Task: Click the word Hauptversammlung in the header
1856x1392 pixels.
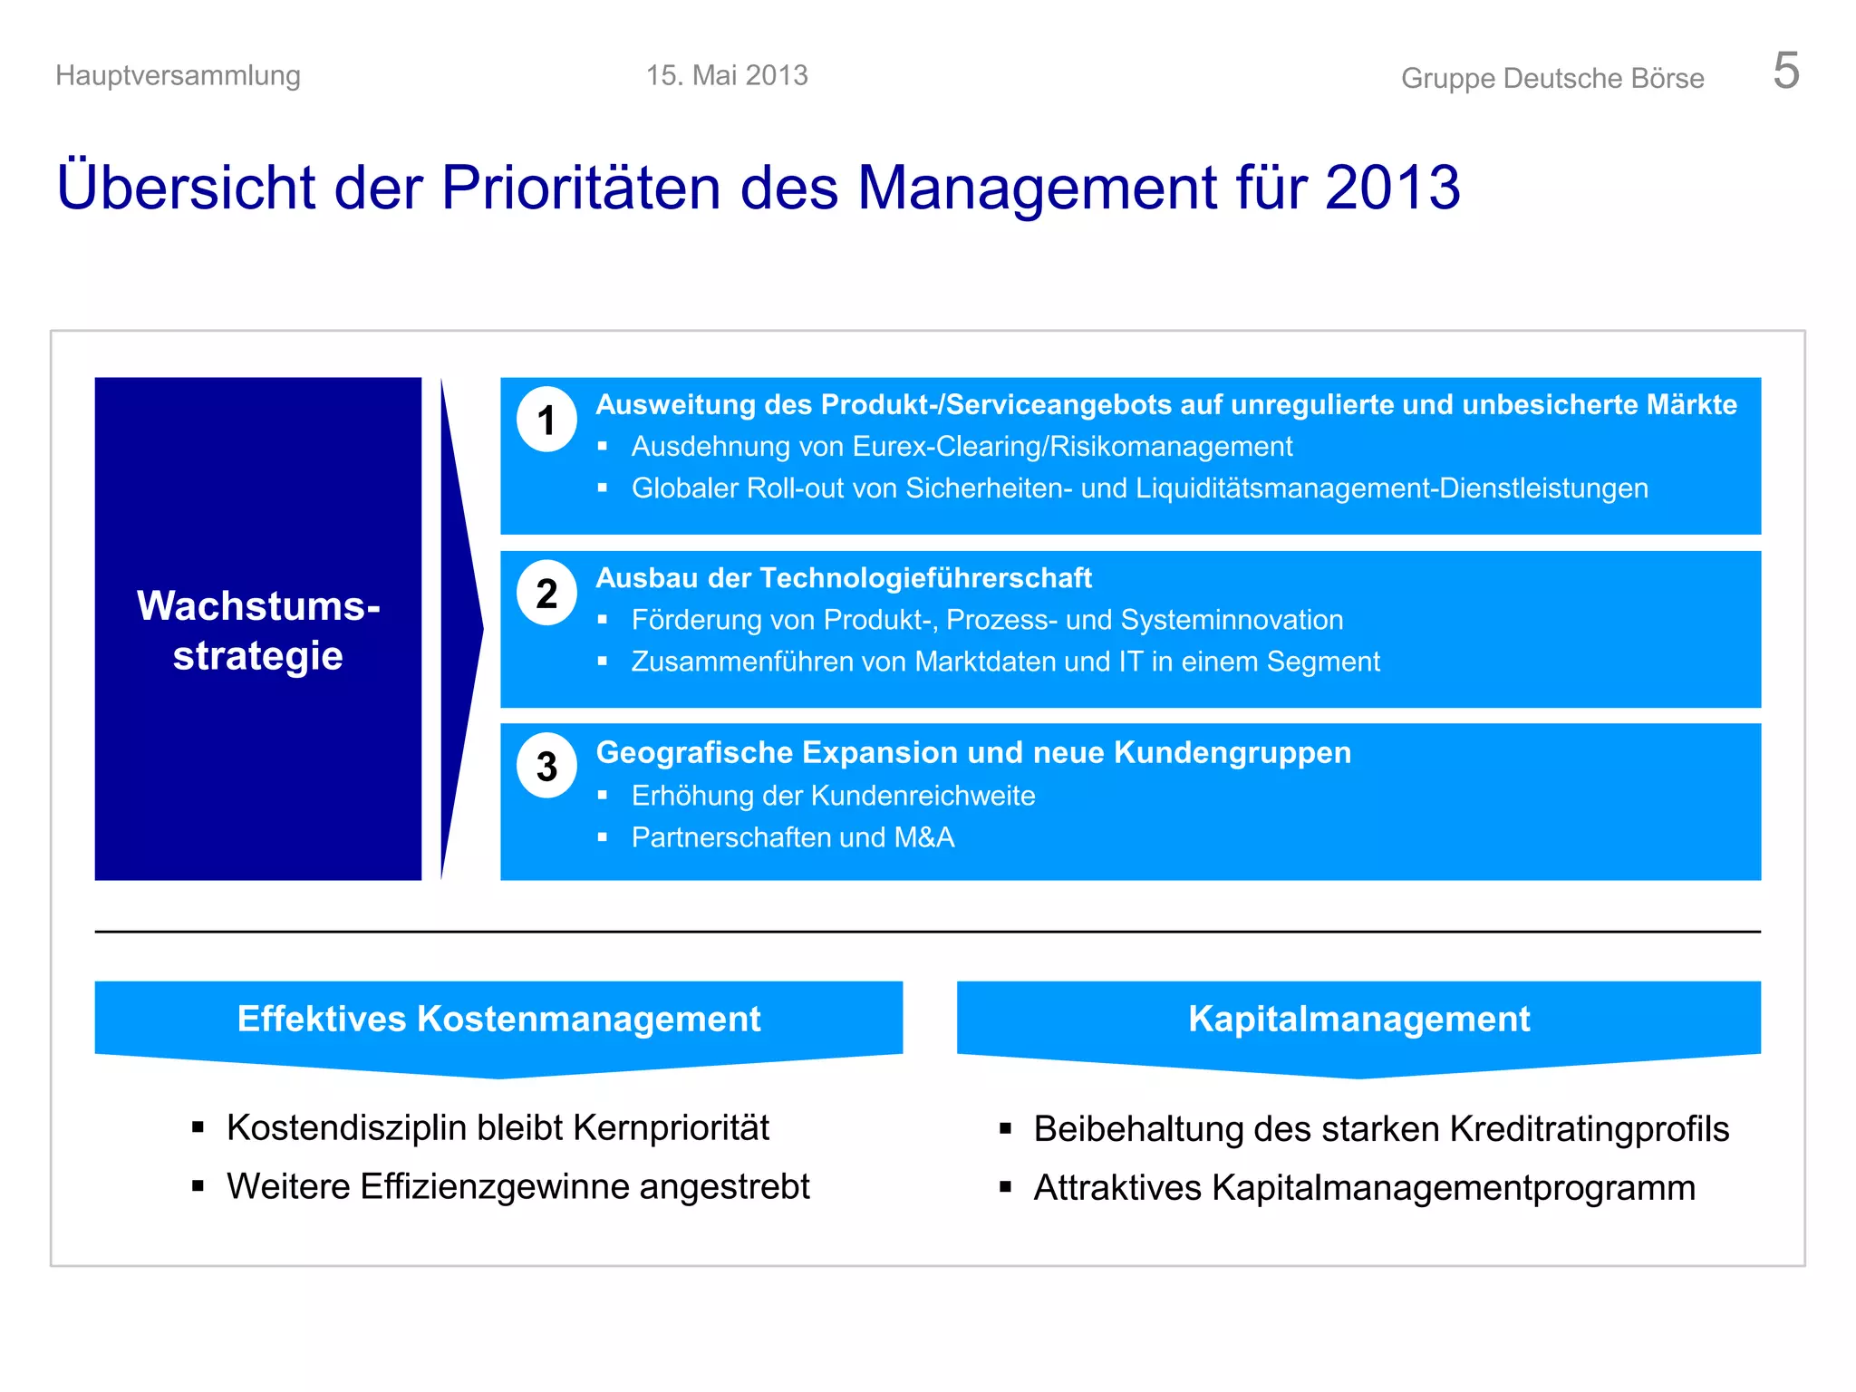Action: [178, 75]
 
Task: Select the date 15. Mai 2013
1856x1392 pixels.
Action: [727, 75]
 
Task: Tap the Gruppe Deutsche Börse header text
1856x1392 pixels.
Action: [1551, 78]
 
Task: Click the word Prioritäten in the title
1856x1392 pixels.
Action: [581, 188]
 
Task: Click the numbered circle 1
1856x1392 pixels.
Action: [546, 420]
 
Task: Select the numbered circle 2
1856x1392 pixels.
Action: [546, 594]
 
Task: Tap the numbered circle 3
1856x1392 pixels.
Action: [546, 767]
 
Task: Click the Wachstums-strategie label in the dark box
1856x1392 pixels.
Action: [258, 630]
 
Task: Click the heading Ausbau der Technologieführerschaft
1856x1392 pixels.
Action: [843, 578]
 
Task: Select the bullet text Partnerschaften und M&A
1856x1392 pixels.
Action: [792, 837]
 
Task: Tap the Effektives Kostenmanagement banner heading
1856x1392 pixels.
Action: [498, 1019]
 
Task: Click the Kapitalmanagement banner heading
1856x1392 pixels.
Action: [1358, 1019]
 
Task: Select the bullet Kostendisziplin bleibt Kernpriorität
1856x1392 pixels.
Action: [498, 1128]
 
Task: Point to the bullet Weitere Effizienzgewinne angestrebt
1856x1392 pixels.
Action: [517, 1187]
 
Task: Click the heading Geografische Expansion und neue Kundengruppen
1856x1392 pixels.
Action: [972, 753]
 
